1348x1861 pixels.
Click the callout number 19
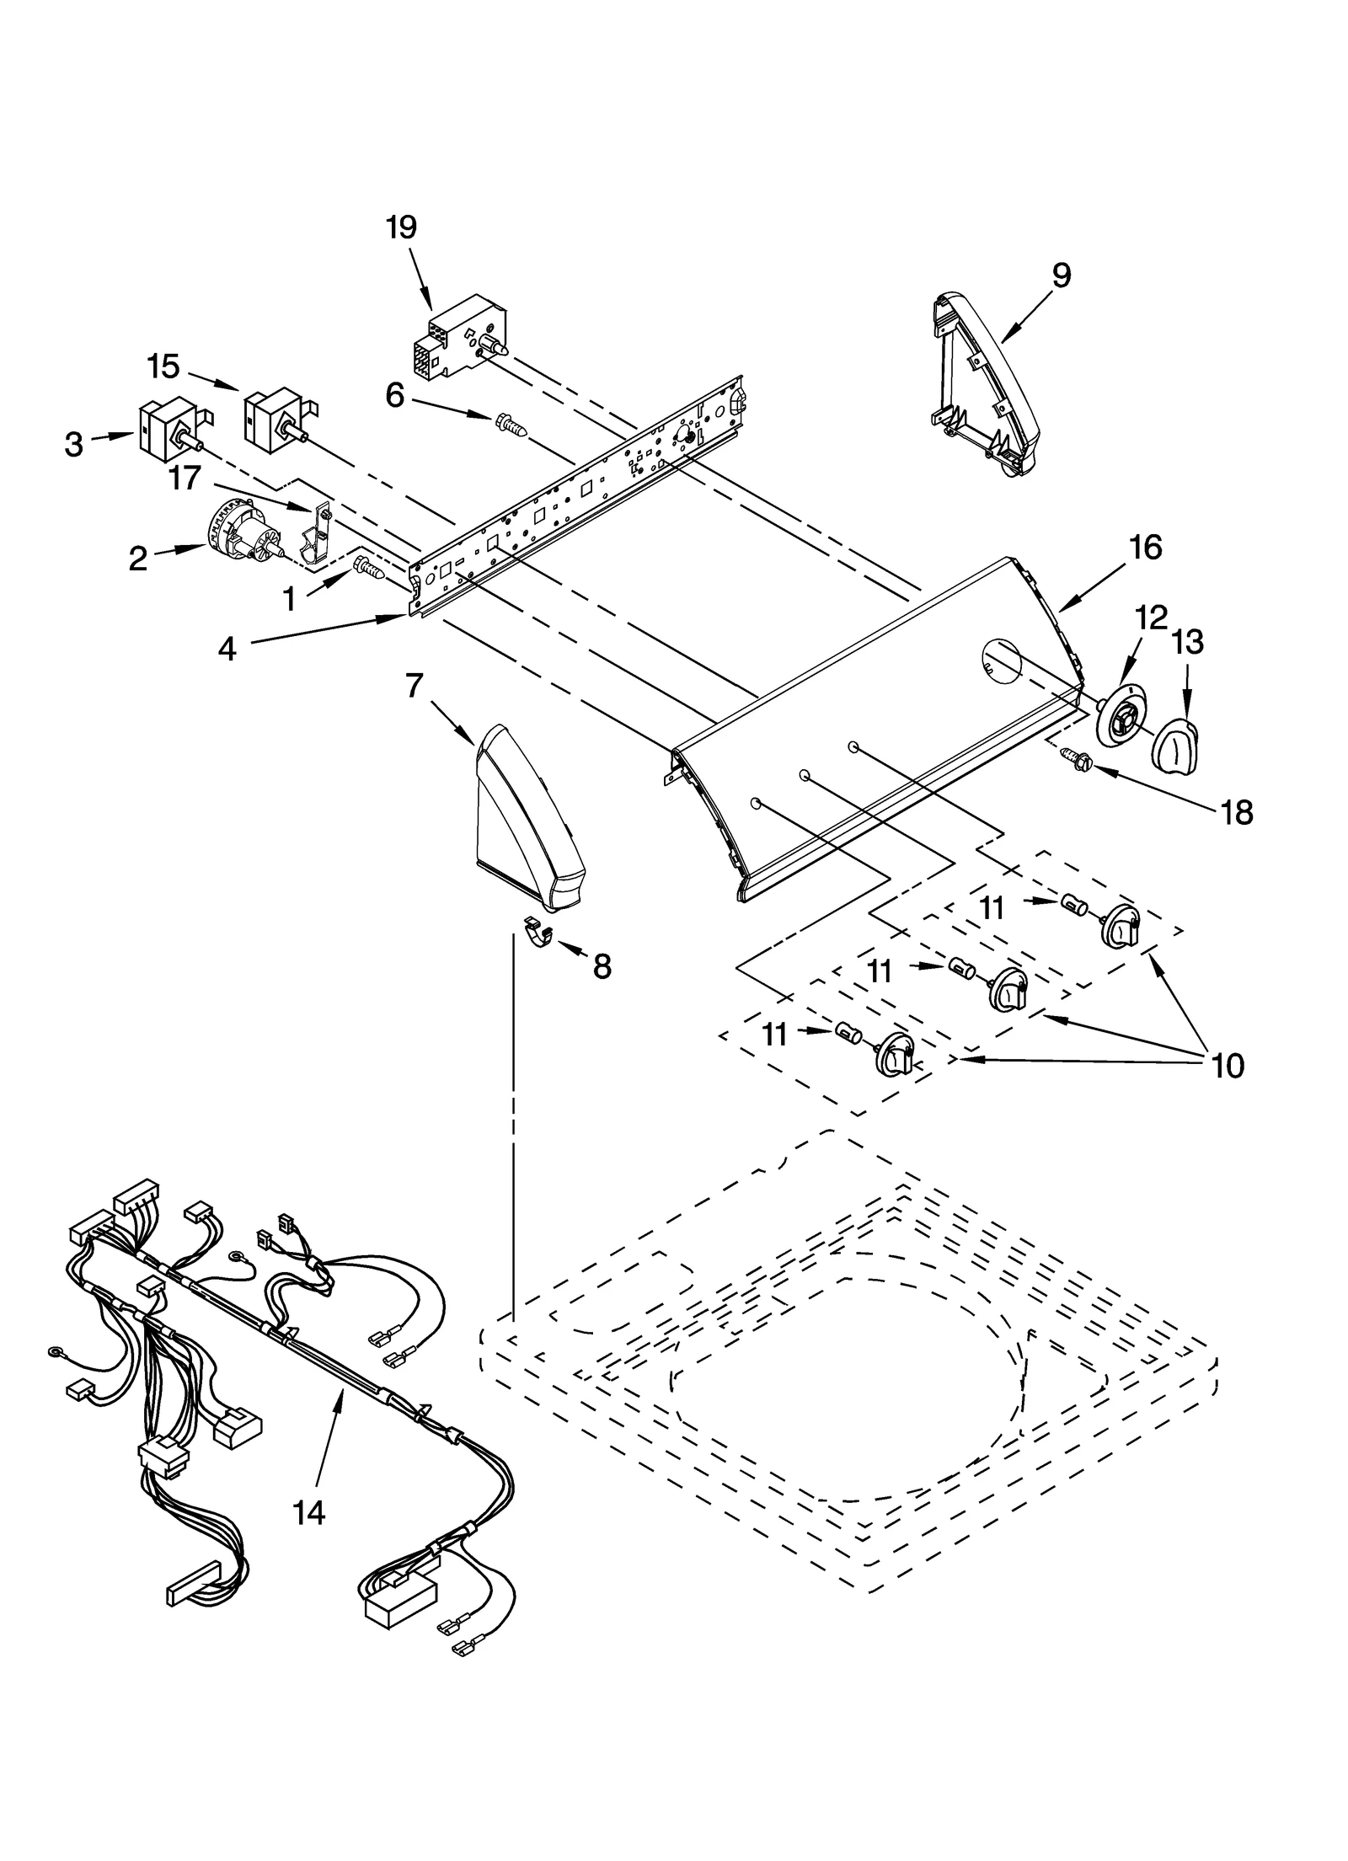[402, 227]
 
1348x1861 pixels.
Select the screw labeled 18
[1076, 759]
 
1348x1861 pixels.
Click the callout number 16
[1146, 548]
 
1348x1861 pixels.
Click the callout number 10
[1228, 1066]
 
